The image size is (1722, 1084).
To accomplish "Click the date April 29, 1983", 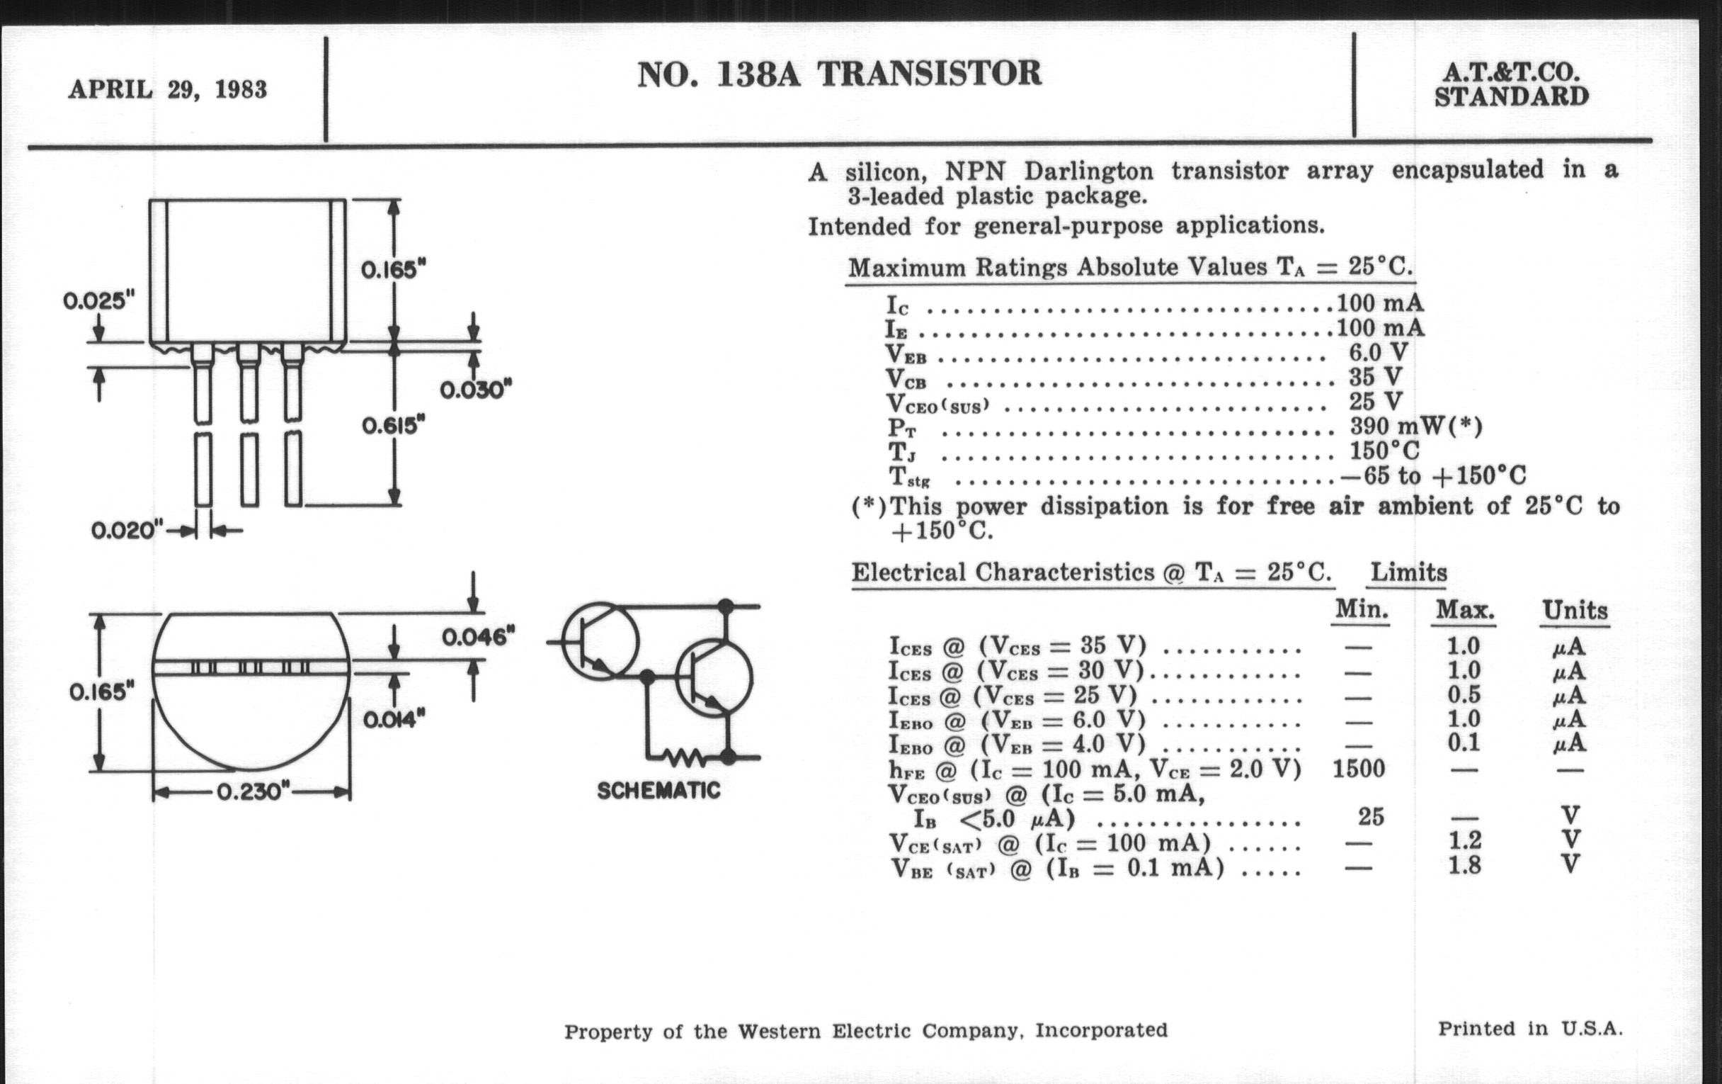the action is tap(168, 90).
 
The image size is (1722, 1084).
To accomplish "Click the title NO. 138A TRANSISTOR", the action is tap(839, 74).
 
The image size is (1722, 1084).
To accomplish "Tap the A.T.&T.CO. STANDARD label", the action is tap(1511, 84).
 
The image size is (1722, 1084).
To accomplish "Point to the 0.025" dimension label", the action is tap(98, 301).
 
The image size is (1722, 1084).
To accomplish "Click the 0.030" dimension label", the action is tap(476, 390).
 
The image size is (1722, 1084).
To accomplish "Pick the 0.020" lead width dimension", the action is tap(127, 531).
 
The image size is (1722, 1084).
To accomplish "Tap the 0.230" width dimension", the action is tap(253, 792).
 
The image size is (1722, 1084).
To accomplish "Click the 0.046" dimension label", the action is tap(478, 636).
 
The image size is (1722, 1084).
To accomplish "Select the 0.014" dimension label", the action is tap(394, 719).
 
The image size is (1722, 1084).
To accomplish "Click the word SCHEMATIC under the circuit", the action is tap(658, 791).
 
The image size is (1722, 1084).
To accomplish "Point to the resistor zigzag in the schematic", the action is tap(686, 755).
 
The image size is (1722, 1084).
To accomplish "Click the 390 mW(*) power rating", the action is tap(1415, 427).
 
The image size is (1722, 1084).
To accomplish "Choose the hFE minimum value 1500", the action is tap(1359, 769).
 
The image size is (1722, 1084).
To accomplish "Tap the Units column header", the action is tap(1575, 610).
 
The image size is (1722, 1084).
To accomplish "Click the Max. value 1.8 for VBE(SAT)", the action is tap(1464, 866).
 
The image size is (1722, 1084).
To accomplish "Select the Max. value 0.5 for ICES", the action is tap(1464, 695).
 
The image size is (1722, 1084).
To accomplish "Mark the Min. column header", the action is tap(1361, 609).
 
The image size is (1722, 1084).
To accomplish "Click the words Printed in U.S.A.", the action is tap(1530, 1029).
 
